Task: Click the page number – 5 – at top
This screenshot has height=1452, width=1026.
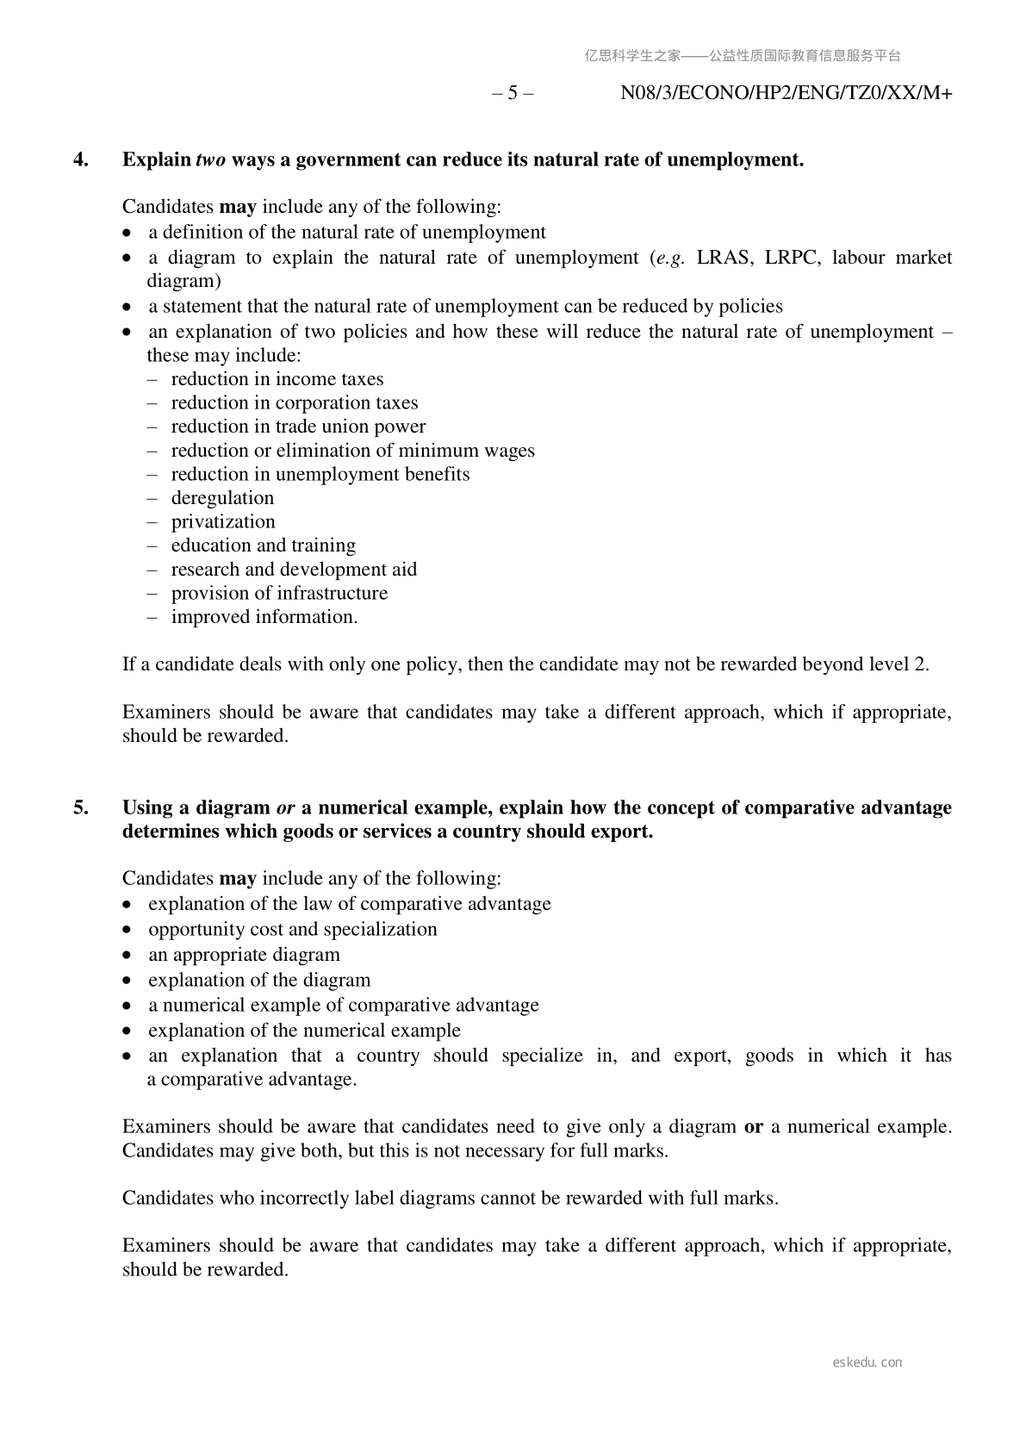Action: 513,93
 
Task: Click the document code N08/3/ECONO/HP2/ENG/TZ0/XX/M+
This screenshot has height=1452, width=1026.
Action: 786,93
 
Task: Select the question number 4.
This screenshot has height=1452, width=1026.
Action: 80,159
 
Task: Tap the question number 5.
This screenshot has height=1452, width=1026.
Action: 80,807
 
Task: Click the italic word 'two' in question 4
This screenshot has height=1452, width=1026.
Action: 211,159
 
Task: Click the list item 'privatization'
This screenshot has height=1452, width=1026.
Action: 223,521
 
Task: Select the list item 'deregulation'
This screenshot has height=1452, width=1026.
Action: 222,498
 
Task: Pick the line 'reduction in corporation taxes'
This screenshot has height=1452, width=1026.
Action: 294,402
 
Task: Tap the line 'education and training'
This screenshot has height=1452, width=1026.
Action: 263,545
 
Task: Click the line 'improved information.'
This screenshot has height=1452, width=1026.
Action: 264,617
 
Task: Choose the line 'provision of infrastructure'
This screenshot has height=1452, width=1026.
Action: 279,593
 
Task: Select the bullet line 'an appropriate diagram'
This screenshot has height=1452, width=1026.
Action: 244,955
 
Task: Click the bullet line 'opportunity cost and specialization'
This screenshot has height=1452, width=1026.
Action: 292,929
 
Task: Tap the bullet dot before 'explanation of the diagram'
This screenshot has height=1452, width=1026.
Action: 127,981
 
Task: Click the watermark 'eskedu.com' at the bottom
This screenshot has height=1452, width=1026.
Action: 867,1362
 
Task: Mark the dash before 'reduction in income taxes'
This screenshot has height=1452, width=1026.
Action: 152,379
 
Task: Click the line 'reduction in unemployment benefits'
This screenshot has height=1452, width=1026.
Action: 320,474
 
